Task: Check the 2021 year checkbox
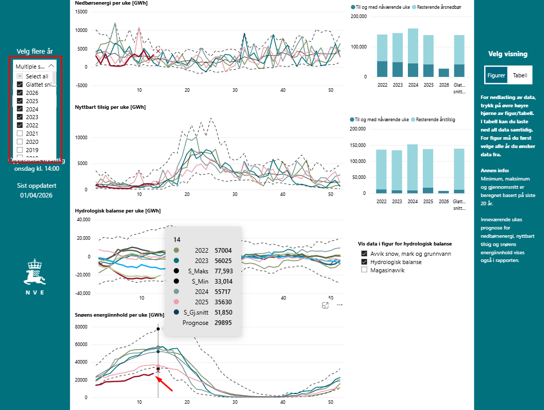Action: [x=20, y=134]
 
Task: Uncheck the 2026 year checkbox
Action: [x=20, y=93]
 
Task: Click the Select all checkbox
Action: [x=20, y=76]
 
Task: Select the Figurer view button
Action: [x=496, y=75]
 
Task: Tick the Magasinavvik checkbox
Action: [x=365, y=270]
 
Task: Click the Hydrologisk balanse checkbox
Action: [x=365, y=262]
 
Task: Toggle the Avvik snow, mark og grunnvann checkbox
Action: [x=365, y=254]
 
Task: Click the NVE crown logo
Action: [x=35, y=273]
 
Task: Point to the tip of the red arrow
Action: [x=157, y=378]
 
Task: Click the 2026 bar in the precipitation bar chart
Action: [x=444, y=73]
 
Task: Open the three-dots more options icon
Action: [x=340, y=305]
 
